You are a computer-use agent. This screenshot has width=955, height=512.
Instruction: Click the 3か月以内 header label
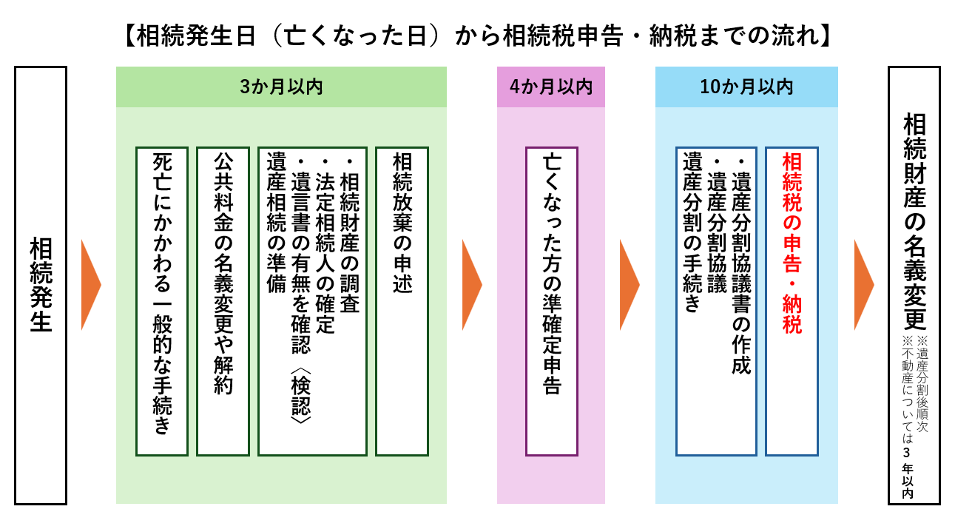point(281,87)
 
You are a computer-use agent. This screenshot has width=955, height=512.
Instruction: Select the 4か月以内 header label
point(551,87)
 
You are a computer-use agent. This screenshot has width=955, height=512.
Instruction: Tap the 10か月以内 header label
point(746,87)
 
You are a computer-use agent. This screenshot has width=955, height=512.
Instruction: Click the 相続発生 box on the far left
point(41,285)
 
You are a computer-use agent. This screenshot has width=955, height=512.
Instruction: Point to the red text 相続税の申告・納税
point(792,243)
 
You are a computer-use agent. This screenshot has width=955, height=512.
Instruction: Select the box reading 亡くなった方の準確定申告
point(552,301)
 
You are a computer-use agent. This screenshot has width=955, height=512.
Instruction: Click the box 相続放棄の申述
point(402,301)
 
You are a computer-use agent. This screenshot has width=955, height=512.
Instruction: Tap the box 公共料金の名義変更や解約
point(223,301)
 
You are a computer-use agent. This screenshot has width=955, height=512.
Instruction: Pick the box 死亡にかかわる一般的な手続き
point(162,301)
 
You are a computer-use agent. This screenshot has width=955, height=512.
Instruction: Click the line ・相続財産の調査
point(350,235)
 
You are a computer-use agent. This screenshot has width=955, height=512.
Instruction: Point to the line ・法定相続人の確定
point(325,245)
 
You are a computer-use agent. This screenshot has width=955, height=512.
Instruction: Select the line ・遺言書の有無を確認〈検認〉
point(301,290)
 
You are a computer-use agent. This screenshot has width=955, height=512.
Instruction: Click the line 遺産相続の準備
point(276,223)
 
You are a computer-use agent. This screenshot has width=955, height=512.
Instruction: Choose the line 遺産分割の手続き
point(692,232)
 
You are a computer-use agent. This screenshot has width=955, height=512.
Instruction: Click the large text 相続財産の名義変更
point(915,221)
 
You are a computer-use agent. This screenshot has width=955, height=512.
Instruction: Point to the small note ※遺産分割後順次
point(922,384)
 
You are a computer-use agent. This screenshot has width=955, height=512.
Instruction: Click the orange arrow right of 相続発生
point(91,285)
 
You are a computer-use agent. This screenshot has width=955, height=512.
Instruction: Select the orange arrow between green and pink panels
point(472,285)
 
